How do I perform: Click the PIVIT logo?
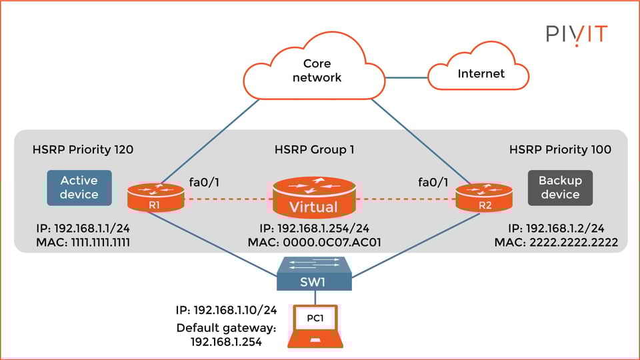click(577, 34)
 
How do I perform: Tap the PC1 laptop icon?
click(315, 327)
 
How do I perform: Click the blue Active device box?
click(79, 187)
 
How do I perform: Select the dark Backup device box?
click(560, 187)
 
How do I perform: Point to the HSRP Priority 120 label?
click(83, 150)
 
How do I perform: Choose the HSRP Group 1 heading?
click(314, 150)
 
